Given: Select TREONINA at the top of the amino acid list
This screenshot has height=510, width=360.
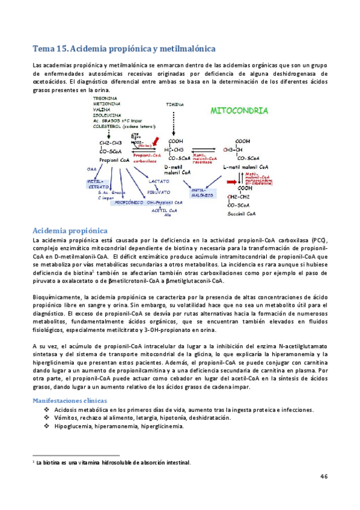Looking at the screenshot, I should [x=105, y=98].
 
